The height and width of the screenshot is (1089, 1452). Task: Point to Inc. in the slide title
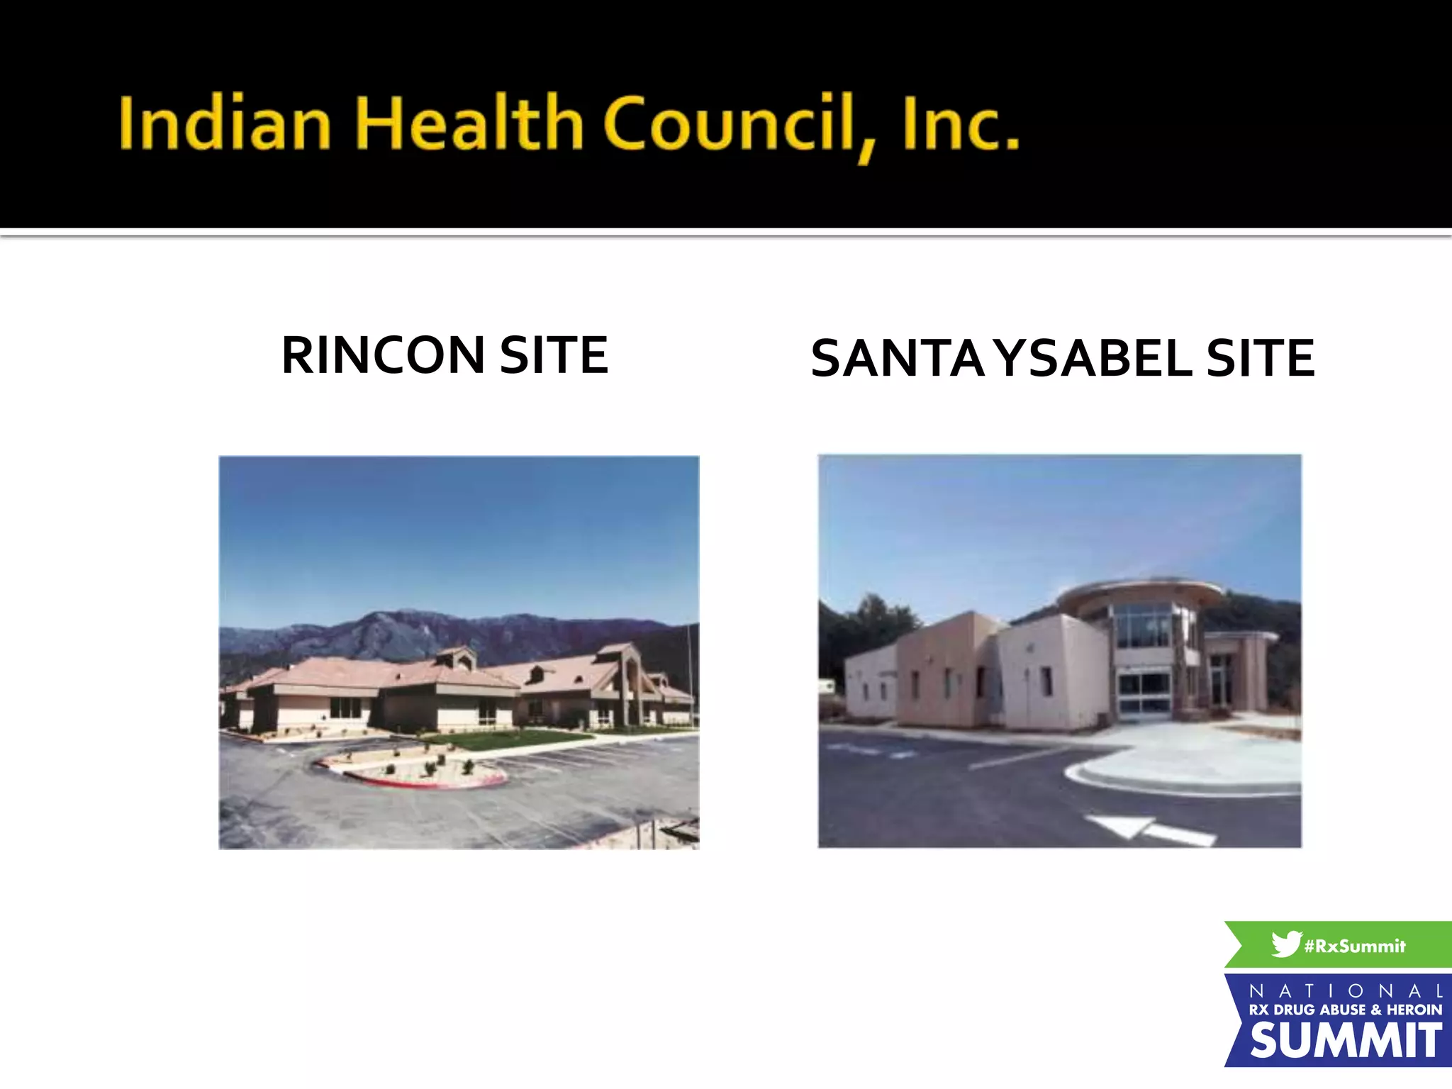click(x=961, y=123)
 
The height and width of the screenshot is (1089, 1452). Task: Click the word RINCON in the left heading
click(x=383, y=355)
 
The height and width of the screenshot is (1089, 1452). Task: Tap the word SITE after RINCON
click(x=554, y=355)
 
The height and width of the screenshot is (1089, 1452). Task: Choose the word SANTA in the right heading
click(x=898, y=359)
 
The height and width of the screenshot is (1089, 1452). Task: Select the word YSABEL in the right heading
click(x=1095, y=359)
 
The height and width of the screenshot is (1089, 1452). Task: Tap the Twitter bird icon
click(x=1286, y=944)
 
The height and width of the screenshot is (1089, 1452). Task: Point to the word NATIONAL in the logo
click(x=1346, y=990)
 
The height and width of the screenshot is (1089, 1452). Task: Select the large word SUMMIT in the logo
click(x=1345, y=1041)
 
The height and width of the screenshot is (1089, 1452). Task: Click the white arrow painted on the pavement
click(x=1149, y=830)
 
